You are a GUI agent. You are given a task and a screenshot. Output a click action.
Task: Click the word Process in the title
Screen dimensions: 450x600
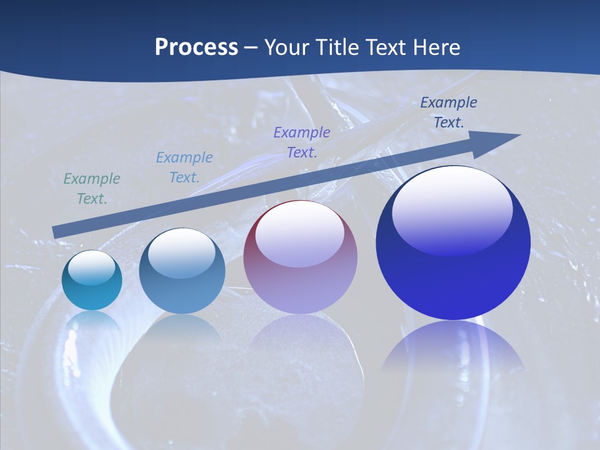pos(196,47)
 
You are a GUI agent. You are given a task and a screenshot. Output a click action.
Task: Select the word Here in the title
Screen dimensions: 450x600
pos(436,47)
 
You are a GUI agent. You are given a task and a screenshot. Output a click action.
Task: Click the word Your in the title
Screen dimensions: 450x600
pos(286,47)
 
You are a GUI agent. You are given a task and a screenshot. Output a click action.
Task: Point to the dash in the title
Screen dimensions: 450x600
pos(251,48)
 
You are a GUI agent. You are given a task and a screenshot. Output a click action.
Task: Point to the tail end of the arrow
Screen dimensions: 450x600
pos(55,232)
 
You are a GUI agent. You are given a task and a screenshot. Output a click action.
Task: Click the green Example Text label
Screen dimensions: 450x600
pos(92,189)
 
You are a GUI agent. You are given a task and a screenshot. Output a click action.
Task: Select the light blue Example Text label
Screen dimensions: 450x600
pos(184,167)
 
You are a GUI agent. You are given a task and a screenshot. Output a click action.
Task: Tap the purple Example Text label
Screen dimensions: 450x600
pos(302,142)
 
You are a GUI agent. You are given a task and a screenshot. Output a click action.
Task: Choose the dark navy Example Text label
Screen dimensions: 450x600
pos(449,112)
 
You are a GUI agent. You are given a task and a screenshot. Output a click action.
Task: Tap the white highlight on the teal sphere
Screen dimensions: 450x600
pos(92,267)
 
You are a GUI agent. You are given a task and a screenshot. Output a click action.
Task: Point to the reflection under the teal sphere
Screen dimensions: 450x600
pos(92,328)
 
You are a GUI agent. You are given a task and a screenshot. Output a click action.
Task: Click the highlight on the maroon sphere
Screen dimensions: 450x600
pos(300,232)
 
